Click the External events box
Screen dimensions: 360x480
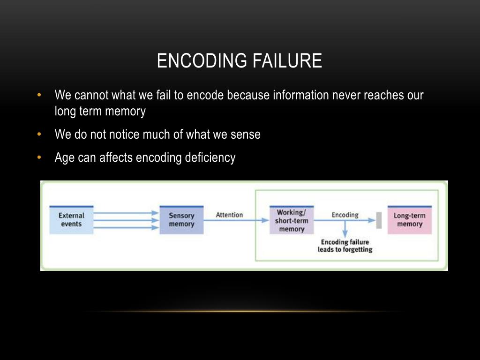pos(71,220)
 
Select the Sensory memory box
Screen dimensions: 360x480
pos(181,220)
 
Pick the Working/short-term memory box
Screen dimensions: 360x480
pos(292,220)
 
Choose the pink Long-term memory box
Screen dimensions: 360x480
pos(409,220)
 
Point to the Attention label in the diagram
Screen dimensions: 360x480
pos(229,215)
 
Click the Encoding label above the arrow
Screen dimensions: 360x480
pos(345,215)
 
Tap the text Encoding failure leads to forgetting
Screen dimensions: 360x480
pos(345,246)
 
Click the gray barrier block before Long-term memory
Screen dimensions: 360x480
pos(379,220)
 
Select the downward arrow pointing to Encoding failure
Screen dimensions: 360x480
pos(345,229)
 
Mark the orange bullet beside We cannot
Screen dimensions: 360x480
pos(39,95)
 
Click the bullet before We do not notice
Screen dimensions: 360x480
pos(39,135)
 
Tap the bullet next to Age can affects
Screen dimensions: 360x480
pos(39,157)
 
